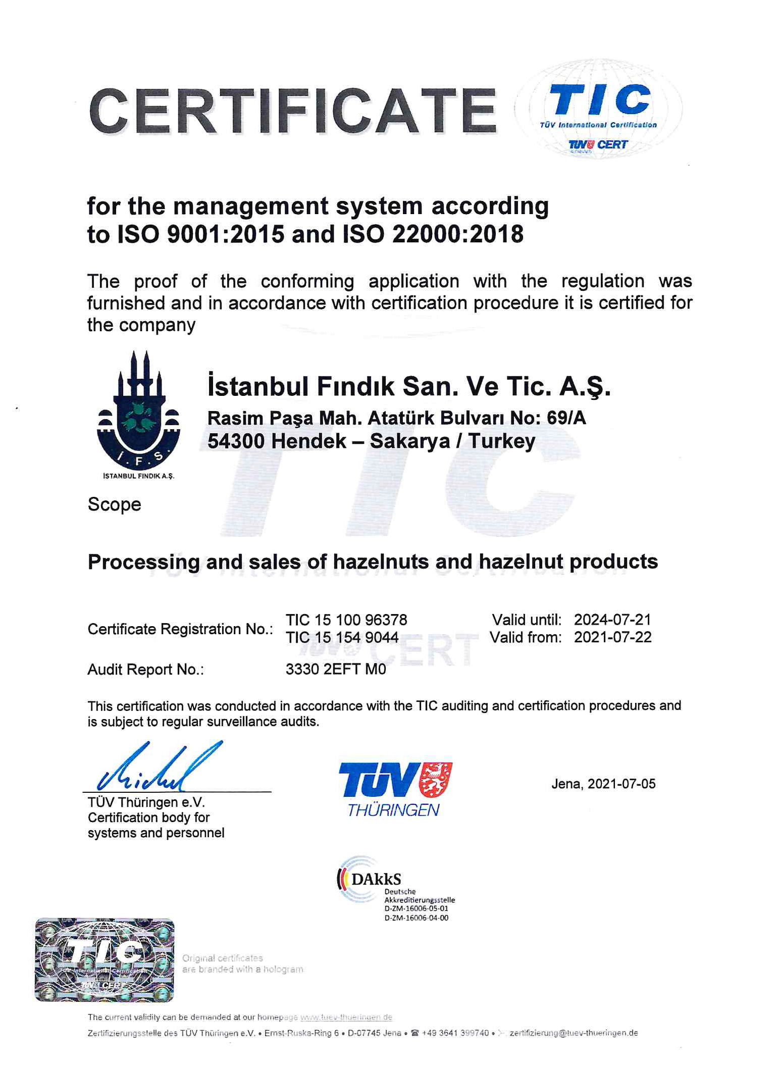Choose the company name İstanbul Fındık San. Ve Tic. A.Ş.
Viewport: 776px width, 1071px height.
pyautogui.click(x=409, y=387)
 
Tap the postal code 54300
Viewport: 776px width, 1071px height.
pyautogui.click(x=236, y=441)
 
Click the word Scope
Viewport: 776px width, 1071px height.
pyautogui.click(x=114, y=504)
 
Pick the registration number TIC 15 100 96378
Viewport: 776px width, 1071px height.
pyautogui.click(x=346, y=620)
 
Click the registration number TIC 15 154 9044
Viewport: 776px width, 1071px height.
pyautogui.click(x=342, y=637)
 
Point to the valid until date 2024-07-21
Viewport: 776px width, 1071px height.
pyautogui.click(x=612, y=620)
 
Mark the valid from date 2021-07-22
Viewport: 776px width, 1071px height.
pyautogui.click(x=612, y=637)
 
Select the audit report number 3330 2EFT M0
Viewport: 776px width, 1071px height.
pyautogui.click(x=336, y=669)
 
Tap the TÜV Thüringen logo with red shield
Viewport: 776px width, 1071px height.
pyautogui.click(x=395, y=788)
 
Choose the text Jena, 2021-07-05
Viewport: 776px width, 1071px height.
pyautogui.click(x=603, y=784)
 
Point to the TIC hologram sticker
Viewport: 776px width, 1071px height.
pyautogui.click(x=105, y=959)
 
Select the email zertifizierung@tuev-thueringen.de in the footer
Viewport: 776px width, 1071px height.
pyautogui.click(x=574, y=1033)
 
